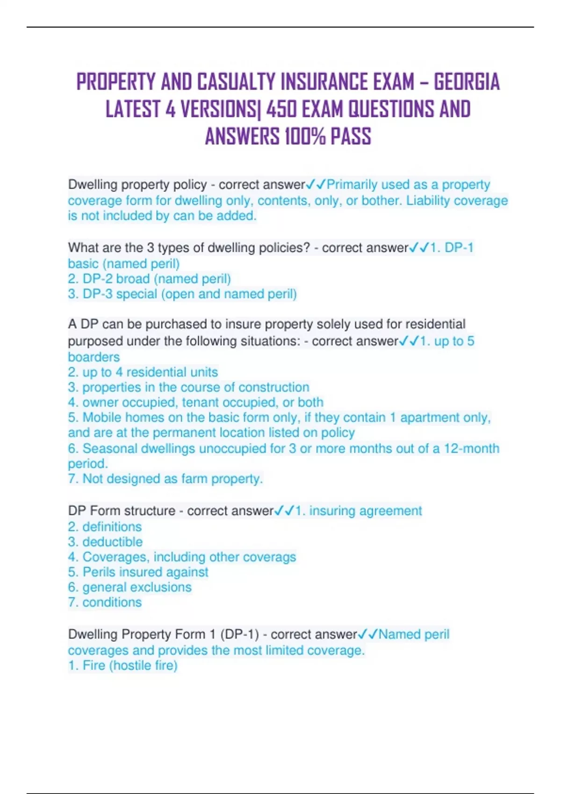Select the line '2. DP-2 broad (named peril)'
[149, 279]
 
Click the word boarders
[93, 357]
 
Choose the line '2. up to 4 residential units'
[143, 372]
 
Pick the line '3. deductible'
[105, 542]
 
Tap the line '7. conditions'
[105, 602]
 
